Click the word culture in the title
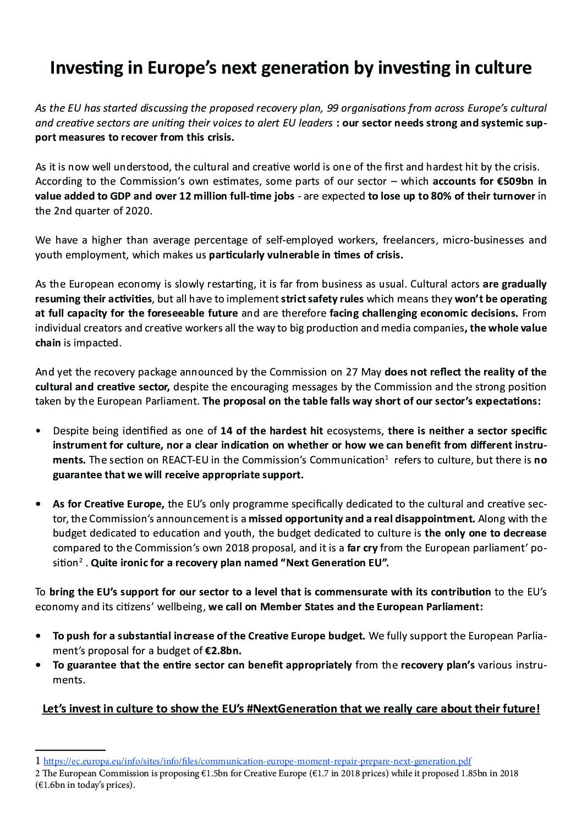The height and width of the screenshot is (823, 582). (497, 68)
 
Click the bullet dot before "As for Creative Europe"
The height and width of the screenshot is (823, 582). (38, 504)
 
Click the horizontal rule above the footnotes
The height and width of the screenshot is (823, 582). (70, 750)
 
